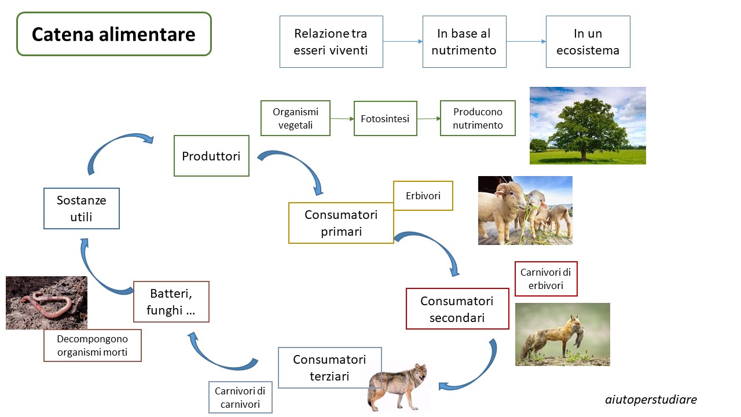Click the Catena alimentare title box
(x=114, y=34)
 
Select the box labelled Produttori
(x=211, y=156)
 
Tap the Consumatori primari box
(x=341, y=223)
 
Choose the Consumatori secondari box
(x=457, y=309)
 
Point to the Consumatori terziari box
(x=329, y=368)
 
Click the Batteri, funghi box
(x=171, y=302)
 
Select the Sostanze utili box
(x=82, y=209)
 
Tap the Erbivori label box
(x=423, y=196)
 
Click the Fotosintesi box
(x=385, y=119)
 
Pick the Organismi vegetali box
(x=295, y=118)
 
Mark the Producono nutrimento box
(x=478, y=118)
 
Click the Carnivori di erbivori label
(x=546, y=279)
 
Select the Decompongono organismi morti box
(x=92, y=345)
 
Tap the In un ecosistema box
(x=588, y=42)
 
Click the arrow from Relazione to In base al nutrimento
(x=402, y=41)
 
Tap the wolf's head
(x=420, y=372)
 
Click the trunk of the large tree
(x=584, y=153)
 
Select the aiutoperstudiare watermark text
(x=651, y=400)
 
